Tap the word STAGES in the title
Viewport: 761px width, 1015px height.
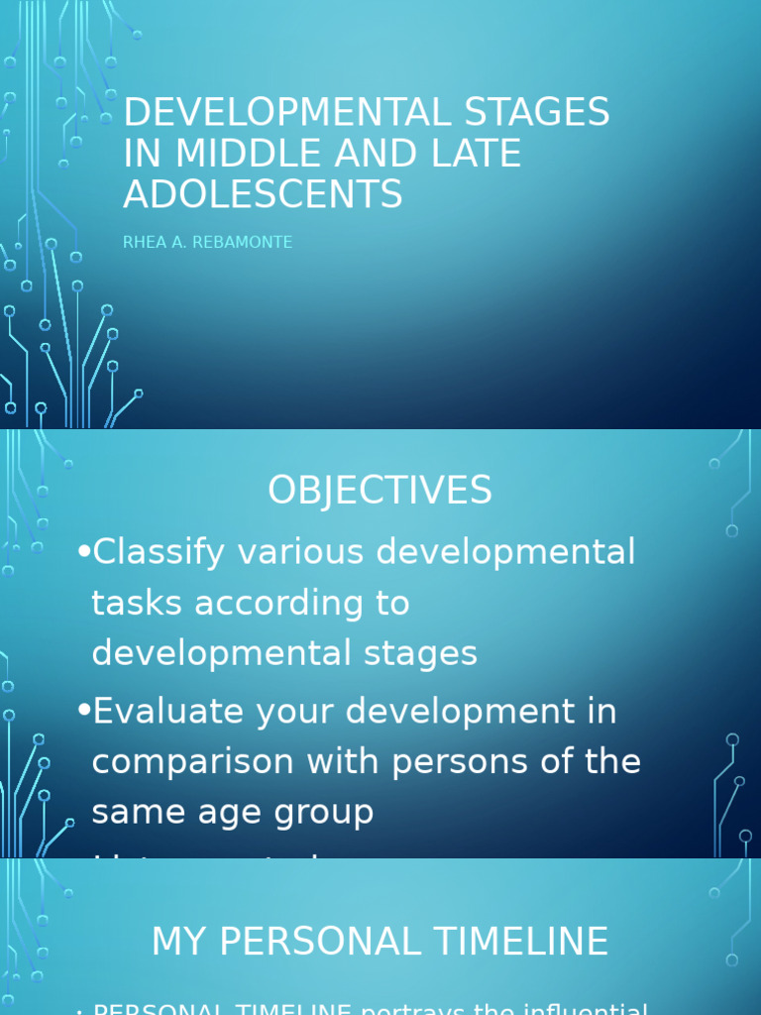(534, 113)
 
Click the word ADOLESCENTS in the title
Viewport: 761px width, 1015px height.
(263, 194)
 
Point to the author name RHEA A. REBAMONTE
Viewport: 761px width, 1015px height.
(207, 243)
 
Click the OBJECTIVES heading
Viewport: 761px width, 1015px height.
(380, 491)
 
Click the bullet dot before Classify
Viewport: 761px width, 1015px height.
(83, 551)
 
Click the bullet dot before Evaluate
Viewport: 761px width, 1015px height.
(83, 710)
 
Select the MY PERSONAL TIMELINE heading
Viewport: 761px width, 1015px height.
(380, 942)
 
